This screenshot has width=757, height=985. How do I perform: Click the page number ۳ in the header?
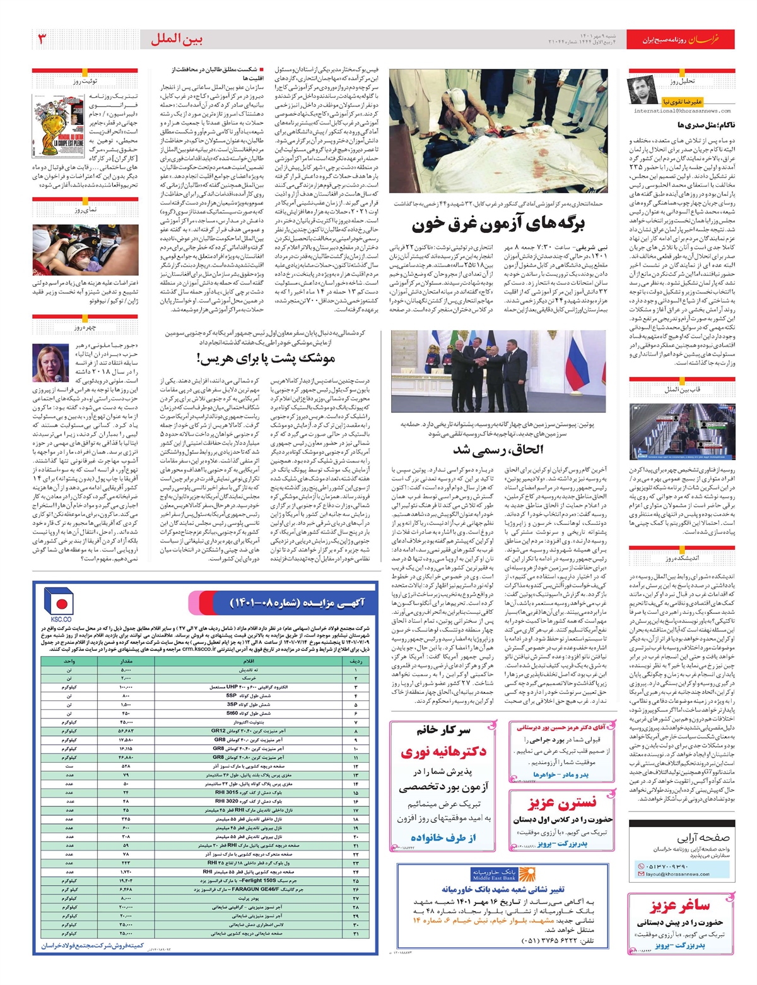42,39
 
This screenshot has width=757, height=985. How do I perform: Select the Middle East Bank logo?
494,874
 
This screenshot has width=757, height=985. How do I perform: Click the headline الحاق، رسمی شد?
498,450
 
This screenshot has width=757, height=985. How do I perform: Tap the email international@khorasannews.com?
683,110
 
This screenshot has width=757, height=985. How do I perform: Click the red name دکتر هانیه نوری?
443,752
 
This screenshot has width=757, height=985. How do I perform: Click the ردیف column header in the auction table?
356,661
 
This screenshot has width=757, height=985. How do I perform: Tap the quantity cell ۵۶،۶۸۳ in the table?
126,731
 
